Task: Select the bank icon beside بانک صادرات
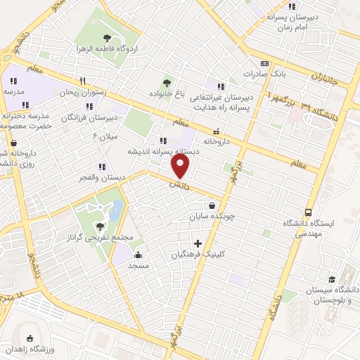[x=264, y=63]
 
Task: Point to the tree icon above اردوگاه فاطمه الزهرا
[x=107, y=38]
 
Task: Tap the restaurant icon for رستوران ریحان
[x=83, y=80]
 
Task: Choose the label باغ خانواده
[x=166, y=93]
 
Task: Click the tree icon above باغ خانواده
[x=167, y=82]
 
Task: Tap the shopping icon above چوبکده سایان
[x=211, y=205]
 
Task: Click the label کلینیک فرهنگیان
[x=197, y=255]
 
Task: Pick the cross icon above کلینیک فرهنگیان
[x=198, y=243]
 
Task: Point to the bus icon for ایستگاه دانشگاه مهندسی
[x=308, y=212]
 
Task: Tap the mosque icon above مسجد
[x=138, y=255]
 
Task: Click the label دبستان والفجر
[x=103, y=177]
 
